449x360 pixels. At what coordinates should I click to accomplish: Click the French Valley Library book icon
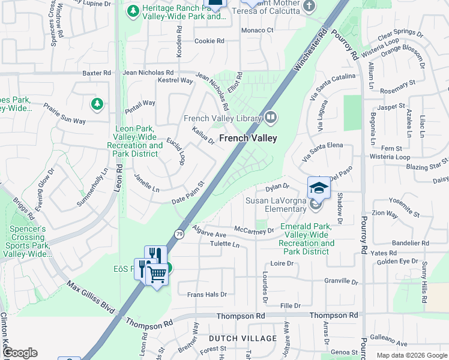click(x=271, y=117)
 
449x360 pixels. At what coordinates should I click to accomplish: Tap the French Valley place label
click(x=248, y=138)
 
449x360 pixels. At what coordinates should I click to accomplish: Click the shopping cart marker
click(x=157, y=274)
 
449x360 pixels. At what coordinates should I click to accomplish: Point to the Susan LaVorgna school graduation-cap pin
click(x=319, y=188)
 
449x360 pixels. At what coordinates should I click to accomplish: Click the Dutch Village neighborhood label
click(x=243, y=338)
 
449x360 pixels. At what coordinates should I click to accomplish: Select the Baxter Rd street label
click(x=97, y=73)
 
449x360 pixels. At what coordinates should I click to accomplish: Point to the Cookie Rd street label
click(x=209, y=41)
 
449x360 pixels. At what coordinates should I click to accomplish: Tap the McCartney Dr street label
click(x=254, y=230)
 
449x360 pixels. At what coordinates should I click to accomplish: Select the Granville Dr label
click(x=340, y=281)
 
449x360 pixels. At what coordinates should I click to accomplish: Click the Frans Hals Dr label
click(x=206, y=295)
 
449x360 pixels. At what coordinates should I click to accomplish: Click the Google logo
click(x=19, y=353)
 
